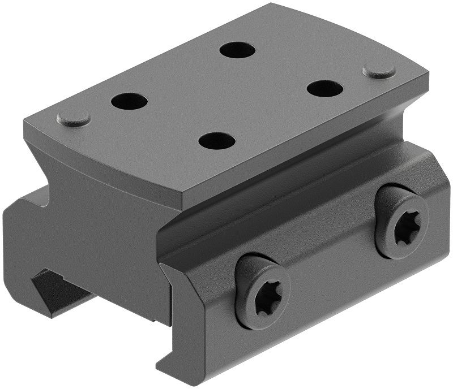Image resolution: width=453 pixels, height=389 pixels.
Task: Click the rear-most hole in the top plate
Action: coord(238,50)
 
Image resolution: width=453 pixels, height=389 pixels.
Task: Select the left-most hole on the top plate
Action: coord(129,102)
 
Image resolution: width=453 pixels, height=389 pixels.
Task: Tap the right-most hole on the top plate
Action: coord(326,88)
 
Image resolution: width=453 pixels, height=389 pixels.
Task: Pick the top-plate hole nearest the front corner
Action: coord(217,141)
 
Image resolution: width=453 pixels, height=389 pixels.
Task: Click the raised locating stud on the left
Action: coord(74,119)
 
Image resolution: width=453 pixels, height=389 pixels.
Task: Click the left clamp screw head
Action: coord(262,292)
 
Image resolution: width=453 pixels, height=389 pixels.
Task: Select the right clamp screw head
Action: coord(402,222)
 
